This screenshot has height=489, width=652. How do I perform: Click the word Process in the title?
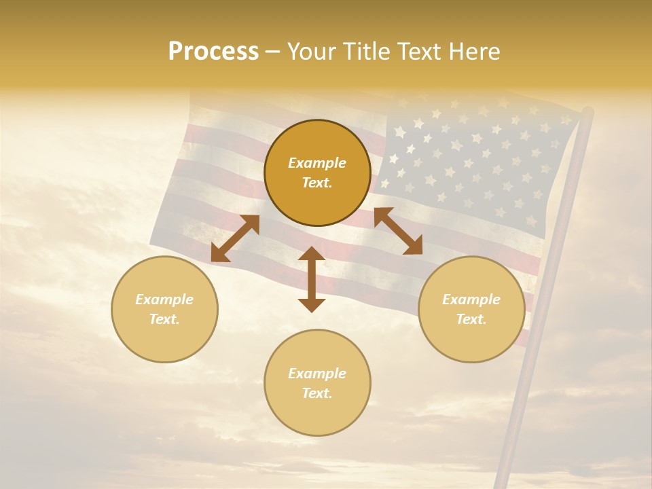pyautogui.click(x=213, y=52)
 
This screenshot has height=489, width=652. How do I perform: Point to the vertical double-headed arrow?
pyautogui.click(x=312, y=279)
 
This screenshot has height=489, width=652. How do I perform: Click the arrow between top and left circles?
pyautogui.click(x=235, y=238)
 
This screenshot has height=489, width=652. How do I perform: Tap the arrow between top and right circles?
pyautogui.click(x=398, y=231)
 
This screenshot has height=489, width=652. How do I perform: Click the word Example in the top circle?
pyautogui.click(x=317, y=163)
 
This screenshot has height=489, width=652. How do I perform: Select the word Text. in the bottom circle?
pyautogui.click(x=317, y=393)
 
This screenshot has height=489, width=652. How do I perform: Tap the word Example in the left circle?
pyautogui.click(x=164, y=300)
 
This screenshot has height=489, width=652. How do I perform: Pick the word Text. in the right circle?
pyautogui.click(x=471, y=319)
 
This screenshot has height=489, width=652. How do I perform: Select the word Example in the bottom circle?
pyautogui.click(x=317, y=374)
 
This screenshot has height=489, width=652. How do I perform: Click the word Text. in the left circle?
pyautogui.click(x=164, y=319)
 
